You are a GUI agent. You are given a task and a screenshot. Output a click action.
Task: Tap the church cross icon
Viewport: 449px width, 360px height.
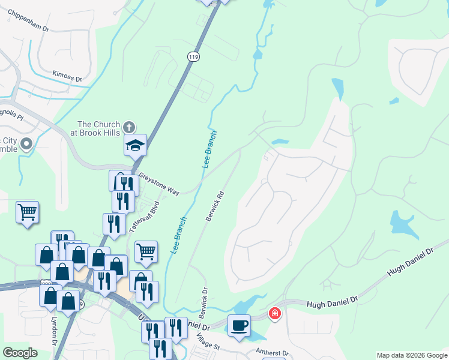[128, 127]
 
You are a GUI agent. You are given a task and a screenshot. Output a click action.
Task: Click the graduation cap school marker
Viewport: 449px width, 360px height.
[135, 145]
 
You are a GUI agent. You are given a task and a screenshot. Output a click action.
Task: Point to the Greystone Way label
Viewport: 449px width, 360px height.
[159, 184]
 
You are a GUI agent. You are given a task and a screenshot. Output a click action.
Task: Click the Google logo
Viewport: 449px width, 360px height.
[20, 353]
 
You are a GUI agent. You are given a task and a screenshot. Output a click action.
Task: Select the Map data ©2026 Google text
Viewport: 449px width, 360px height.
[411, 355]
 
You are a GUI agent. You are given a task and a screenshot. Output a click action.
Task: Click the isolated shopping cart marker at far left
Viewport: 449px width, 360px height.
[27, 212]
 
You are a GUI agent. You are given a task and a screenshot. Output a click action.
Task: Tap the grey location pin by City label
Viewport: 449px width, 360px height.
[26, 144]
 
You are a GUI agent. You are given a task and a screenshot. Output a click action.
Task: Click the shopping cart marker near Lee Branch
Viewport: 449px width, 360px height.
[146, 252]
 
